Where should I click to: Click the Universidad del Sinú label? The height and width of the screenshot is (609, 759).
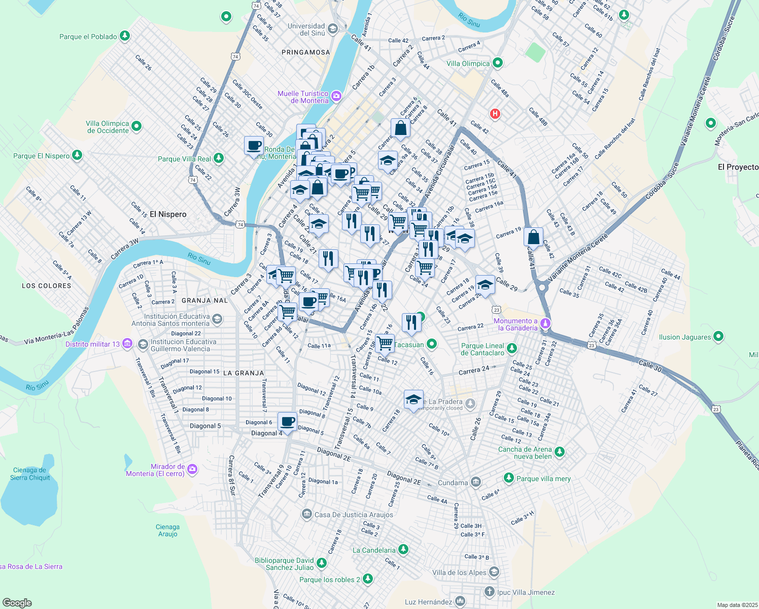306,29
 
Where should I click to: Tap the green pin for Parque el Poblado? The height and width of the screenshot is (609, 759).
124,36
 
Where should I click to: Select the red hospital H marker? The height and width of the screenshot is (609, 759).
495,114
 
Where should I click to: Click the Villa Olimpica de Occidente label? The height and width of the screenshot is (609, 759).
108,127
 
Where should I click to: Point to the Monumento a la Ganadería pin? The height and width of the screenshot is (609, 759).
545,323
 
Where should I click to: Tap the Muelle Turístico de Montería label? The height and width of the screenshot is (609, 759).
303,97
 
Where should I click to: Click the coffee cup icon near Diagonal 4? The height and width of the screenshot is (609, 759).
287,421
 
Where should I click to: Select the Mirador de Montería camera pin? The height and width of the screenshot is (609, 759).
192,469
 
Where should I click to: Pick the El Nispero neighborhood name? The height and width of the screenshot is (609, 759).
168,214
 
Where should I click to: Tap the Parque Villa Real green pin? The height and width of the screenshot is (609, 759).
219,158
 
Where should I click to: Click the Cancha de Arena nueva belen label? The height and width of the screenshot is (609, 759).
525,453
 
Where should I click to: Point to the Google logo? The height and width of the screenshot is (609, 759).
17,603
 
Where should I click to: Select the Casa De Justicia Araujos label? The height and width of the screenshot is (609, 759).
354,515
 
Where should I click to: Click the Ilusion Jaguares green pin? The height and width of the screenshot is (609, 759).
718,336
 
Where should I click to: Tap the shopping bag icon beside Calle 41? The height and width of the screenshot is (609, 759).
533,237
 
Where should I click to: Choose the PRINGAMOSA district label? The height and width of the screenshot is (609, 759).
305,52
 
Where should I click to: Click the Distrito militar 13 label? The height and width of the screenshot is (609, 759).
92,344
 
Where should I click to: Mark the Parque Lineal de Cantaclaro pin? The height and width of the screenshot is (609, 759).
512,348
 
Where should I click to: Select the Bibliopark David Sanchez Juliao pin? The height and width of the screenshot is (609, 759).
321,562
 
